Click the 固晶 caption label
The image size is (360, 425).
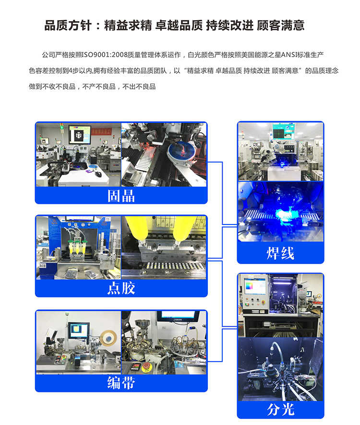point(121,195)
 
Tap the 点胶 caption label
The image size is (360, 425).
point(121,288)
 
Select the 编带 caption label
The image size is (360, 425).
point(121,383)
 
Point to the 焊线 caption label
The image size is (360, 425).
point(280,253)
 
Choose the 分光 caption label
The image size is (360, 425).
point(280,409)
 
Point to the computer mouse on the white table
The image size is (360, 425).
point(98,174)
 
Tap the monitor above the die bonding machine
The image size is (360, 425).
point(80,134)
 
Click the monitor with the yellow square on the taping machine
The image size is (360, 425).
point(78,330)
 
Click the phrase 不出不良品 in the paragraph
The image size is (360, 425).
point(139,86)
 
